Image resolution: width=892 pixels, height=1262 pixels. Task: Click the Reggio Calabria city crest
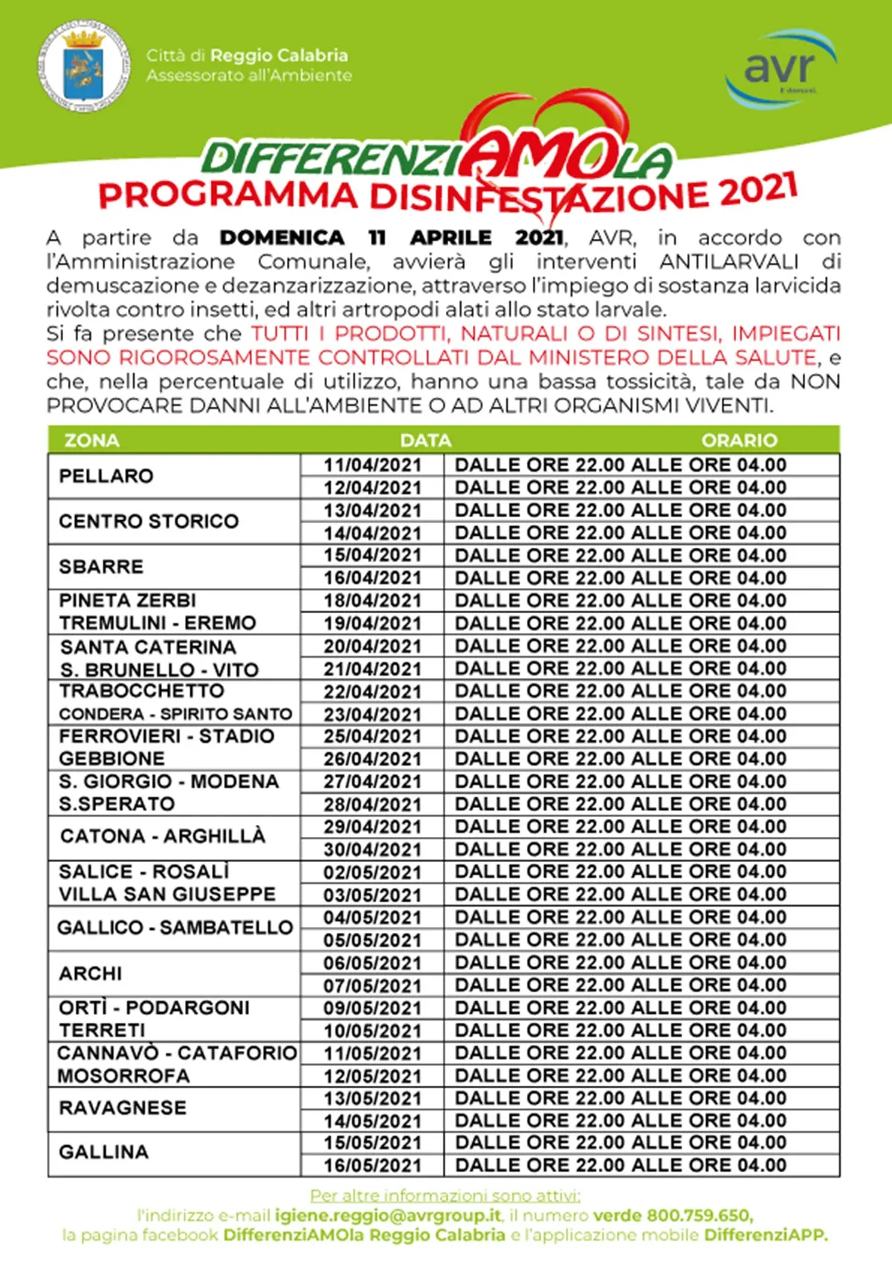tap(83, 68)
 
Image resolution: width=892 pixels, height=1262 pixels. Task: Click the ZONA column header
tap(91, 441)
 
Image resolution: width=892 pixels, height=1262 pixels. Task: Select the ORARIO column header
tap(739, 441)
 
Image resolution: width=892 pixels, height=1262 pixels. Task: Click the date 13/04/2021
tap(372, 511)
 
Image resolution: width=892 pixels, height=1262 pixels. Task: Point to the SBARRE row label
tap(101, 566)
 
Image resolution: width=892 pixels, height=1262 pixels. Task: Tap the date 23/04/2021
tap(372, 714)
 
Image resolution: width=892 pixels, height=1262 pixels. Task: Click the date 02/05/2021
tap(372, 873)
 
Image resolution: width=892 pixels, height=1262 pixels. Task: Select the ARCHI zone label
tap(91, 974)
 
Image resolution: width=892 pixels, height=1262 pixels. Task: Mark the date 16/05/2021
tap(372, 1165)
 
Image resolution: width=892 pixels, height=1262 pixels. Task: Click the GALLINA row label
tap(104, 1152)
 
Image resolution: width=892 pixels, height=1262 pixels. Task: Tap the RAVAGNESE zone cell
tap(123, 1107)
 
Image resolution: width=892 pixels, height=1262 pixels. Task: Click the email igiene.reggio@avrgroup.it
tap(388, 1215)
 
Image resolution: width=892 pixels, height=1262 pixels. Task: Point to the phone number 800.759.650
tap(698, 1215)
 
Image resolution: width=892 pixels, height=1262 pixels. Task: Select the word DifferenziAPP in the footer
tap(765, 1235)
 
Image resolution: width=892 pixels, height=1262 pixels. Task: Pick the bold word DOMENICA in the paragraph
tap(282, 238)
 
